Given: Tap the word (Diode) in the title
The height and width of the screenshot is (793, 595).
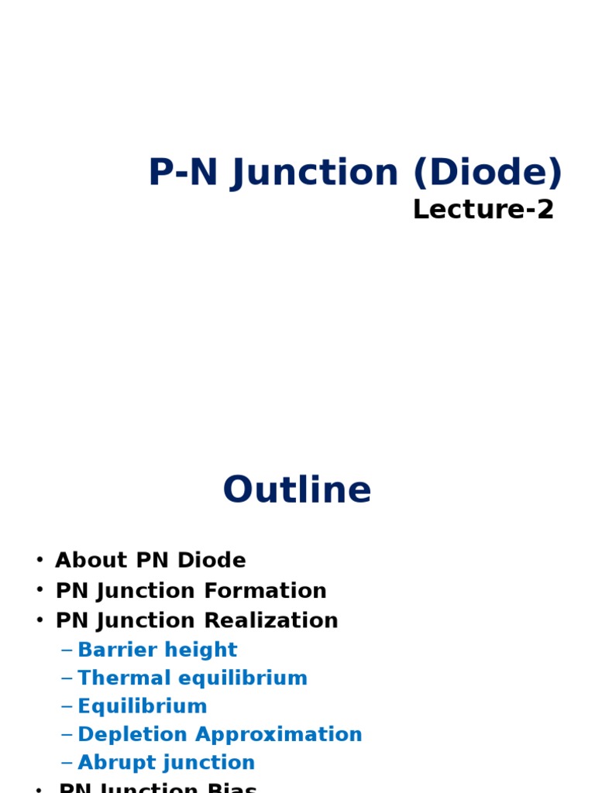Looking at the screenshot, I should [x=487, y=173].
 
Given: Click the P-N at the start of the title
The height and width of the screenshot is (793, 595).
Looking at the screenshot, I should [x=184, y=173].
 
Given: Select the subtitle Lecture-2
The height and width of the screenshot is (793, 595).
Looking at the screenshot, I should [x=483, y=209].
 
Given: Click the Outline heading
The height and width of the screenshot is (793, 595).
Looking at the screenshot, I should [x=297, y=490].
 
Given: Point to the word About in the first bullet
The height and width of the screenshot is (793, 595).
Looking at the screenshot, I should [x=80, y=560].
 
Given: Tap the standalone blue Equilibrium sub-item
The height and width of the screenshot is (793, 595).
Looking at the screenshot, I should [x=143, y=706].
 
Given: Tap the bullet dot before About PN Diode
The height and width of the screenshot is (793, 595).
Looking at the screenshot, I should [x=40, y=560].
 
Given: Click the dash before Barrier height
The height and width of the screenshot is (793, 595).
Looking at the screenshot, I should [x=67, y=650].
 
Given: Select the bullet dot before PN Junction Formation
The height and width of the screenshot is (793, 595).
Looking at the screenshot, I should [x=40, y=591].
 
